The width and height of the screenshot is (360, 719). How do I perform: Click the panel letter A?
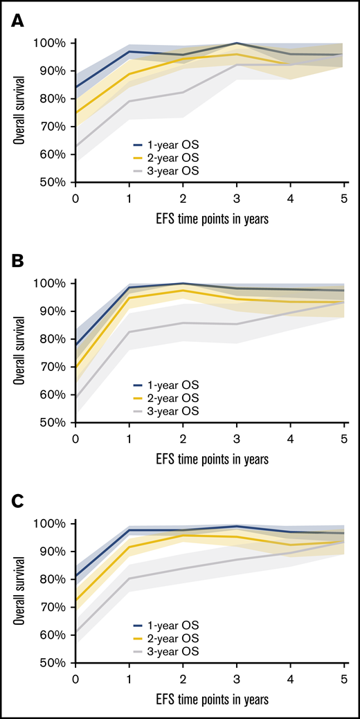point(17,23)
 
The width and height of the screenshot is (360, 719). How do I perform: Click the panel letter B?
point(17,263)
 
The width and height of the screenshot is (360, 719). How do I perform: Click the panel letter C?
point(17,503)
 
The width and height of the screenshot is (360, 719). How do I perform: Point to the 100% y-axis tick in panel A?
point(52,43)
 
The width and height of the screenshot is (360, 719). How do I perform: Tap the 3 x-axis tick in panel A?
point(237,197)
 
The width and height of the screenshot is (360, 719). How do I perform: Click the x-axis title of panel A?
point(210,218)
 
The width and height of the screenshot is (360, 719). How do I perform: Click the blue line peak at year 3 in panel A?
point(237,44)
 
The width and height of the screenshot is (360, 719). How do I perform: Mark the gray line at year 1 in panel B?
point(129,331)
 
